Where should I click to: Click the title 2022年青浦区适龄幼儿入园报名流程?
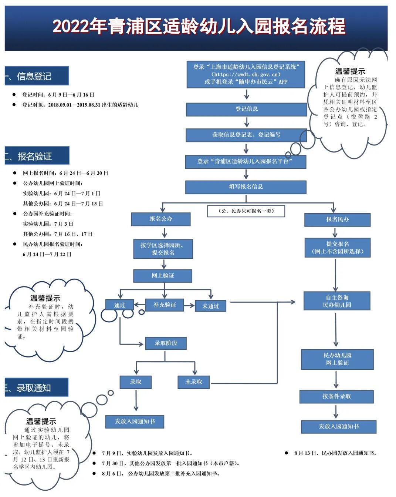(199, 27)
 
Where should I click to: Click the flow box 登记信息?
(246, 109)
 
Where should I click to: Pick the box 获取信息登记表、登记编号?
(246, 135)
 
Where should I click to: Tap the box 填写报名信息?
(246, 187)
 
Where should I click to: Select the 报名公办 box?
(161, 219)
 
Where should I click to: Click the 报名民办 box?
(337, 219)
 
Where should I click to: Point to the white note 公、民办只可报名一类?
(246, 211)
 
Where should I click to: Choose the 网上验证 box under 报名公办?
(163, 276)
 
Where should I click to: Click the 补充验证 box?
(165, 305)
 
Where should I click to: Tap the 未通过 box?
(210, 306)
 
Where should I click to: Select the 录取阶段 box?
(166, 343)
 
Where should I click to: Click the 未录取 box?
(194, 382)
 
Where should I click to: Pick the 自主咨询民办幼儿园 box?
(337, 301)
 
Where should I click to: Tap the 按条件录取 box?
(336, 396)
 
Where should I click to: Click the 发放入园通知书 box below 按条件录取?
(338, 426)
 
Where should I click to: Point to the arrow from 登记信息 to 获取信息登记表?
(247, 122)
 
